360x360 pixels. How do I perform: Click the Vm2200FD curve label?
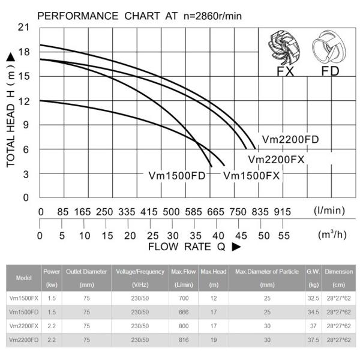290,140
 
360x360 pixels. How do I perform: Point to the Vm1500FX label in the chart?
252,176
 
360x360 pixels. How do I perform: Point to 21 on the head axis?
24,28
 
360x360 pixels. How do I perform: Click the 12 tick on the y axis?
24,101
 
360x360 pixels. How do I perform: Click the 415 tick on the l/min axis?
149,212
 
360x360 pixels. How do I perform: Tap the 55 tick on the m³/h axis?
283,236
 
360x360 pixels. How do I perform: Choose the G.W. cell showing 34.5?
313,311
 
